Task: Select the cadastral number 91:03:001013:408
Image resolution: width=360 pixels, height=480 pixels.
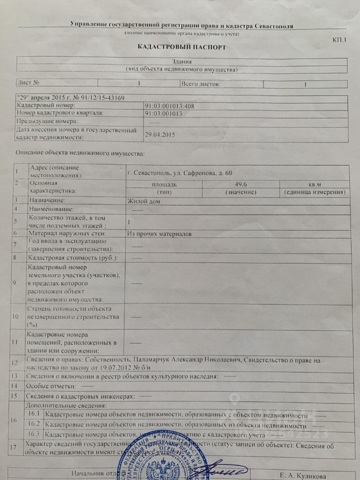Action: tap(169, 106)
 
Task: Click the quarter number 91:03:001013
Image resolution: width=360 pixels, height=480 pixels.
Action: tap(163, 113)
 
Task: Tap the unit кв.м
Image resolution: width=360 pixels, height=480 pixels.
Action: tap(314, 184)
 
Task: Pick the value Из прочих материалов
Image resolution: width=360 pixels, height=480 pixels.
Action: tap(159, 233)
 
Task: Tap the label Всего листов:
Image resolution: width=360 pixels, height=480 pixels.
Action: tap(200, 83)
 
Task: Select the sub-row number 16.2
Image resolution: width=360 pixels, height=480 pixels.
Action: tap(34, 424)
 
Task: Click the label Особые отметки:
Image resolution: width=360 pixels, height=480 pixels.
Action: tap(52, 386)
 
